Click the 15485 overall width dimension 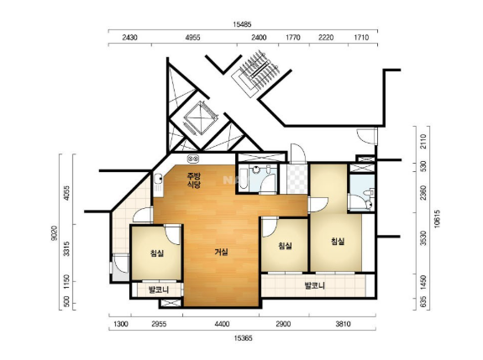tap(242, 24)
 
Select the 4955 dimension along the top tap(193, 38)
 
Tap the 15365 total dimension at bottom tap(243, 338)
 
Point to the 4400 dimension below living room tap(222, 324)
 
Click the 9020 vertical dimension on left tap(55, 233)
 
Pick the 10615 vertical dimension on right tap(437, 219)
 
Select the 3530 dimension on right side tap(424, 238)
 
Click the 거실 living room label tap(221, 253)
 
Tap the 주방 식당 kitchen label tap(194, 180)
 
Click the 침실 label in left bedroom tap(157, 253)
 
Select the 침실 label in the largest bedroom tap(338, 242)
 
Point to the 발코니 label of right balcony tap(315, 286)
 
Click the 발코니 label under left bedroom tap(159, 290)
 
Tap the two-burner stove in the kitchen tap(194, 159)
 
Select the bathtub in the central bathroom tap(243, 178)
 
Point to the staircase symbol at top tap(255, 73)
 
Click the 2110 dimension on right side tap(424, 141)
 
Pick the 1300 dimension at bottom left tap(121, 324)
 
